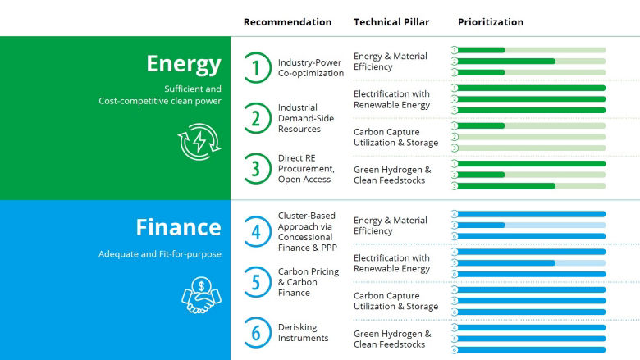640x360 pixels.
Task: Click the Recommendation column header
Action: (x=287, y=22)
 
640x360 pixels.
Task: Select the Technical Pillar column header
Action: (x=391, y=22)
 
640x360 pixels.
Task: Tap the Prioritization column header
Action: (x=491, y=22)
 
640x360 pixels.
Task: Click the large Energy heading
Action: (x=183, y=64)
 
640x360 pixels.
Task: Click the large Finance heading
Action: (x=178, y=227)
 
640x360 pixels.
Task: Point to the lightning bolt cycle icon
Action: (x=199, y=141)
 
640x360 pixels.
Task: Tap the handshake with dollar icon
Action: (x=201, y=295)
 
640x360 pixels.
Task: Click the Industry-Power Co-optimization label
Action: (x=310, y=68)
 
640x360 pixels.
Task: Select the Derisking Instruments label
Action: (x=303, y=332)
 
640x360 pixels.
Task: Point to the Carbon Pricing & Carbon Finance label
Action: (x=309, y=282)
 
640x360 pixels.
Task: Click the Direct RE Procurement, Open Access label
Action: (x=304, y=168)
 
